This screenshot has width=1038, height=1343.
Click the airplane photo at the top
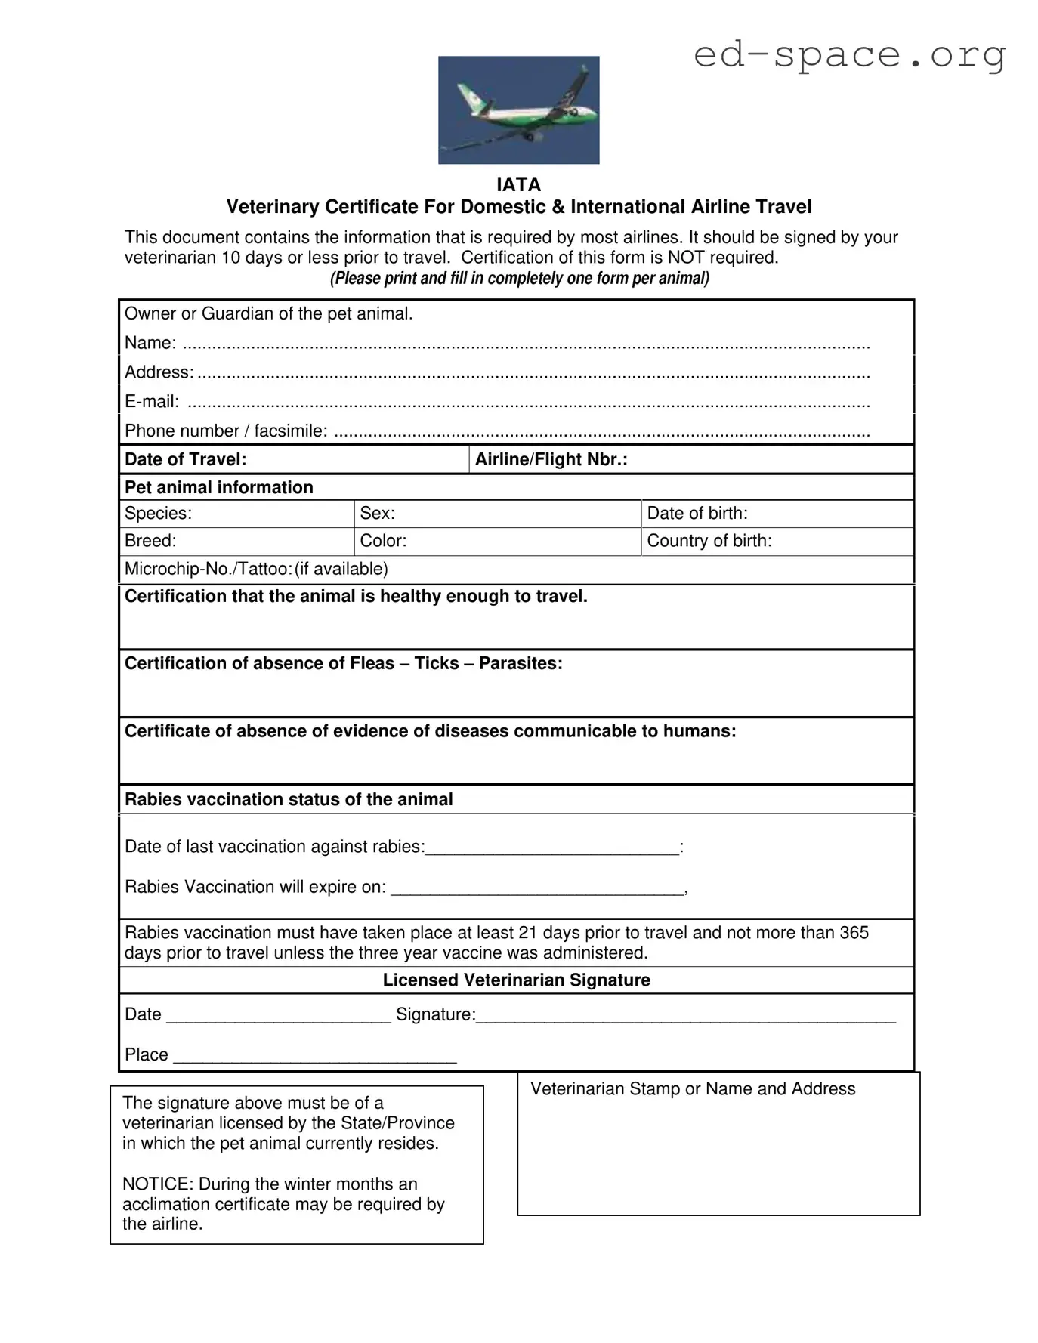[x=518, y=110]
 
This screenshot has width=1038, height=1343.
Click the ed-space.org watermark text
[x=849, y=54]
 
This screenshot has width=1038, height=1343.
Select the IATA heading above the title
[x=518, y=184]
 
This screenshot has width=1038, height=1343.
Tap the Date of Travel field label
[x=186, y=459]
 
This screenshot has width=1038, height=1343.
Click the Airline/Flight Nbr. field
[x=690, y=459]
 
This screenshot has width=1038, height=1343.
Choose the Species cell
[x=236, y=514]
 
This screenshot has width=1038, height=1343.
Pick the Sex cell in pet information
[x=497, y=514]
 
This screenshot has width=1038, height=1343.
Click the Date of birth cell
[x=777, y=514]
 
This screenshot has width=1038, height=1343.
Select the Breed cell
[x=236, y=541]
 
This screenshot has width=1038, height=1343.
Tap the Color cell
[x=497, y=541]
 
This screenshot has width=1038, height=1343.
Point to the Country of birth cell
[x=777, y=541]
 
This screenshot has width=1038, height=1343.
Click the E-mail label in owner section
[x=152, y=402]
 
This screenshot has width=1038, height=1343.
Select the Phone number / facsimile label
[x=226, y=431]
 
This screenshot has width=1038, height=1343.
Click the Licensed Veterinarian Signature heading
[x=516, y=980]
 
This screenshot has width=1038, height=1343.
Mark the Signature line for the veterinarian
[x=684, y=1016]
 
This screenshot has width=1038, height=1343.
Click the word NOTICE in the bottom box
[x=157, y=1184]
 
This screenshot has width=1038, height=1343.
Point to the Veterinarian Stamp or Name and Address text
[x=692, y=1088]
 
